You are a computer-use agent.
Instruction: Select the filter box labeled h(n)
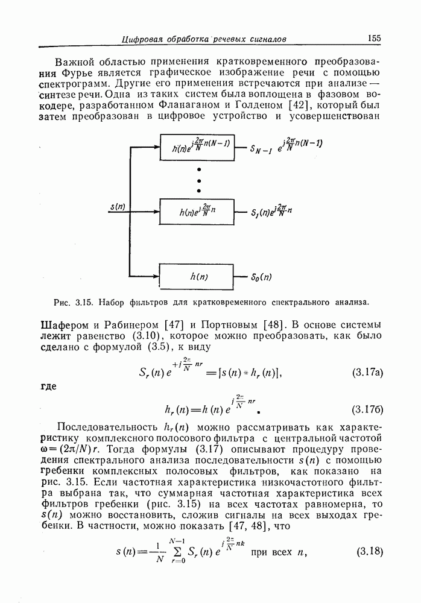(197, 277)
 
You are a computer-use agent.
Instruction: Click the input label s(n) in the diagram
(118, 207)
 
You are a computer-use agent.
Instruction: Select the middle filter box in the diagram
(197, 212)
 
